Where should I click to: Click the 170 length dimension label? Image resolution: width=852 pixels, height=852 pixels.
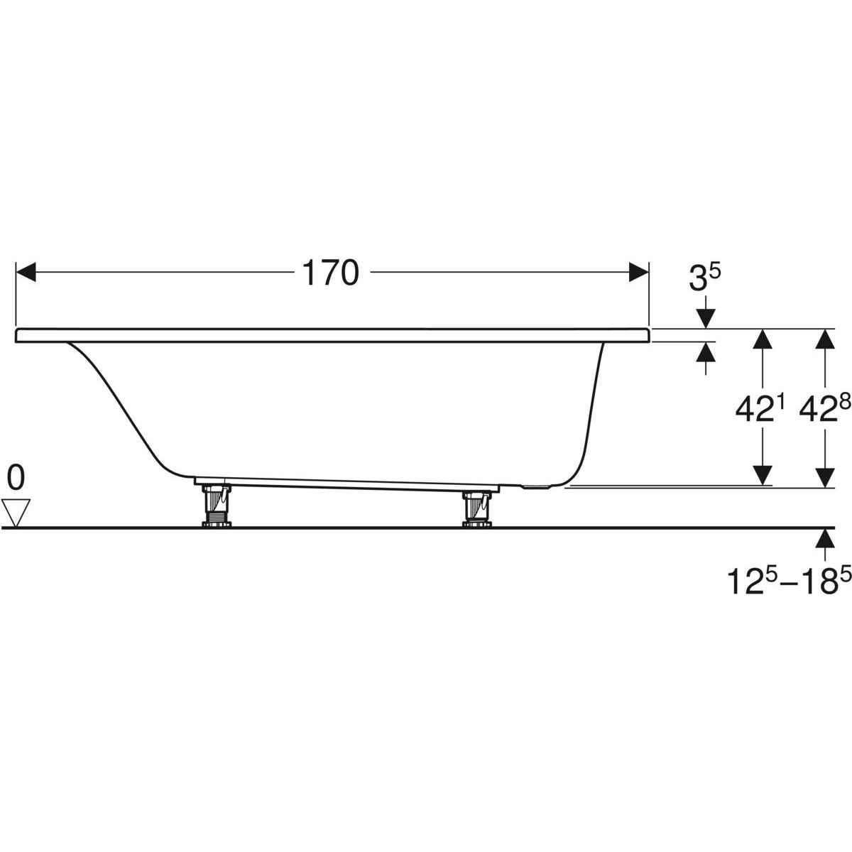pos(330,273)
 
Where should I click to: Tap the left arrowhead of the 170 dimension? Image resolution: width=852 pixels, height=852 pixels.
pos(26,272)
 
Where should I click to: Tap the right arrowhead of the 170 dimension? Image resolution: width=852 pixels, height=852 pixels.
pos(639,272)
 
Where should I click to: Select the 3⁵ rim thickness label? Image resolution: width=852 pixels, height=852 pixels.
pos(705,278)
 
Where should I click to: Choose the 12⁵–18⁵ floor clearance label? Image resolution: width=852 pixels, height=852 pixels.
pos(790,580)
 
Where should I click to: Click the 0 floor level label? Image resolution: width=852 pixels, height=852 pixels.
pos(16,478)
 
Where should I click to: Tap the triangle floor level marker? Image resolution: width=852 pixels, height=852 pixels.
pos(16,513)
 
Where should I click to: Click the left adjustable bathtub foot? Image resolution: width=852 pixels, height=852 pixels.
pos(217,506)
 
